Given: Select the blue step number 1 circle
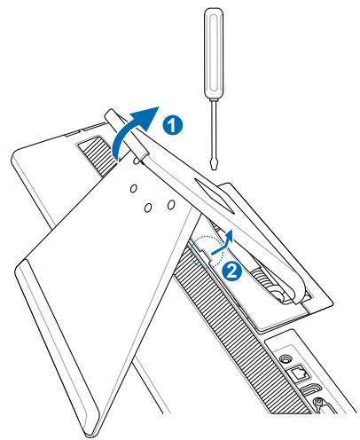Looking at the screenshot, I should click(176, 125).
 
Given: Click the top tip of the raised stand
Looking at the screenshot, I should click(113, 115).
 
